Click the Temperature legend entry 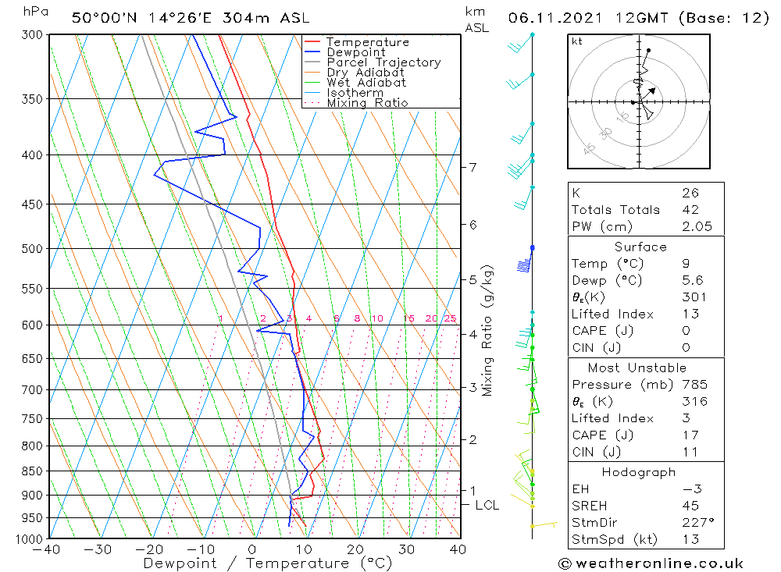[367, 42]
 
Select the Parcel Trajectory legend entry [383, 62]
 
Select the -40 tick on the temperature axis [48, 549]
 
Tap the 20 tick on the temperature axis [355, 549]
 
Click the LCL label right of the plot [487, 506]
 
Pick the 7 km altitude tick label [473, 167]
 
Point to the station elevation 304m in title [252, 17]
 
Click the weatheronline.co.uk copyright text [651, 563]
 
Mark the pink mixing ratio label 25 [450, 318]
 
